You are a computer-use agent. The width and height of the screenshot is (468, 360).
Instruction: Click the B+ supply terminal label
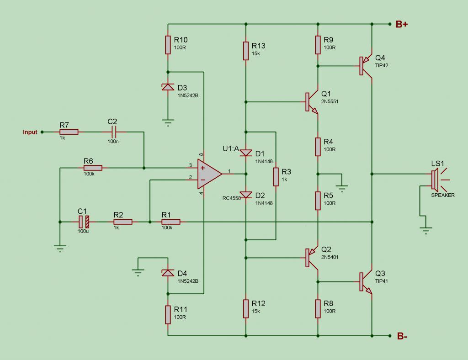(401, 24)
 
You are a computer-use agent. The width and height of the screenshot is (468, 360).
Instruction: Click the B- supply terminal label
(402, 336)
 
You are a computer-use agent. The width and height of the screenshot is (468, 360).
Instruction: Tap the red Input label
(30, 132)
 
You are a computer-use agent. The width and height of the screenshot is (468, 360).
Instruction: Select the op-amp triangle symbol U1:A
(209, 174)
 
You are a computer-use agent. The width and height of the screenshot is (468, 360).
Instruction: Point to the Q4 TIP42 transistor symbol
(365, 66)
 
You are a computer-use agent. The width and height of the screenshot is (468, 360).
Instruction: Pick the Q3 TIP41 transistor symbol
(365, 282)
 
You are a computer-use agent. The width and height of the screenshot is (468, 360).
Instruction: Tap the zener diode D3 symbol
(168, 87)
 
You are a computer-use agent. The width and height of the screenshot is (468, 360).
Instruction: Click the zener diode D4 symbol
(168, 273)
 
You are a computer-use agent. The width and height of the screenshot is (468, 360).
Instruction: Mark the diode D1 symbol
(246, 153)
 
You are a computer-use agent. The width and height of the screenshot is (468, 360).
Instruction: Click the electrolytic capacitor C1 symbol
(84, 222)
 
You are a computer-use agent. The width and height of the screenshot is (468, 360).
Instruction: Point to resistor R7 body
(69, 132)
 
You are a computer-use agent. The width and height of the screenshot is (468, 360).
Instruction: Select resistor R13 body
(246, 51)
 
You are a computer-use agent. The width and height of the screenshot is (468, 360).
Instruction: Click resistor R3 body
(276, 177)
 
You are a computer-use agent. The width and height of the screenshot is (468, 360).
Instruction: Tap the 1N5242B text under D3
(188, 96)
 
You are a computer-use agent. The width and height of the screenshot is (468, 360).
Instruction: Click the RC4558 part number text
(231, 198)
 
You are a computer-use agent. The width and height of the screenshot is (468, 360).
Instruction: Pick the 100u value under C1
(83, 231)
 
